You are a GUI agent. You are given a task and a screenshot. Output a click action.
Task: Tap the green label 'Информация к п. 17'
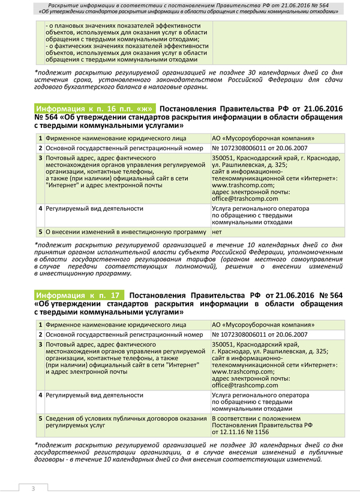click(x=79, y=295)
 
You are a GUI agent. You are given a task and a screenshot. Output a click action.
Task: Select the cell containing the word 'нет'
click(x=217, y=232)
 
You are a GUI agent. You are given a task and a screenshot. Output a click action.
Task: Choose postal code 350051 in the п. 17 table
click(x=224, y=343)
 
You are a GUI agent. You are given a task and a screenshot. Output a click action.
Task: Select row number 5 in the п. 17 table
click(x=40, y=418)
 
